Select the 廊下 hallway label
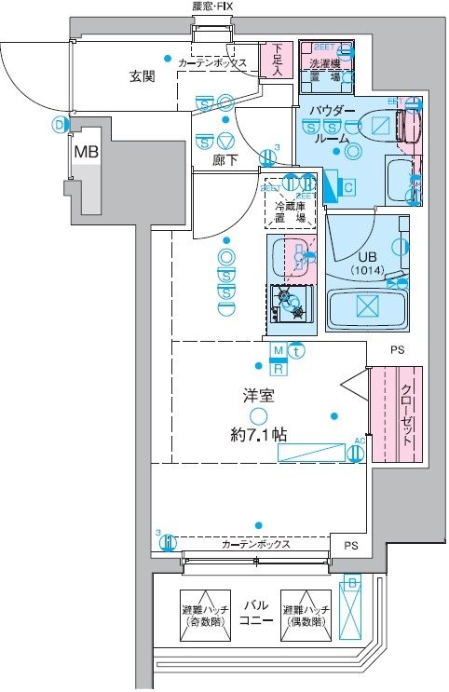(224, 159)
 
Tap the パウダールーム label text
(333, 123)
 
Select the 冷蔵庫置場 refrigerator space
(290, 212)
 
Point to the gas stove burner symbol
(290, 302)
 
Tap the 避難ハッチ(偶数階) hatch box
(306, 616)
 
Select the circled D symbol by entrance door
(61, 123)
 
